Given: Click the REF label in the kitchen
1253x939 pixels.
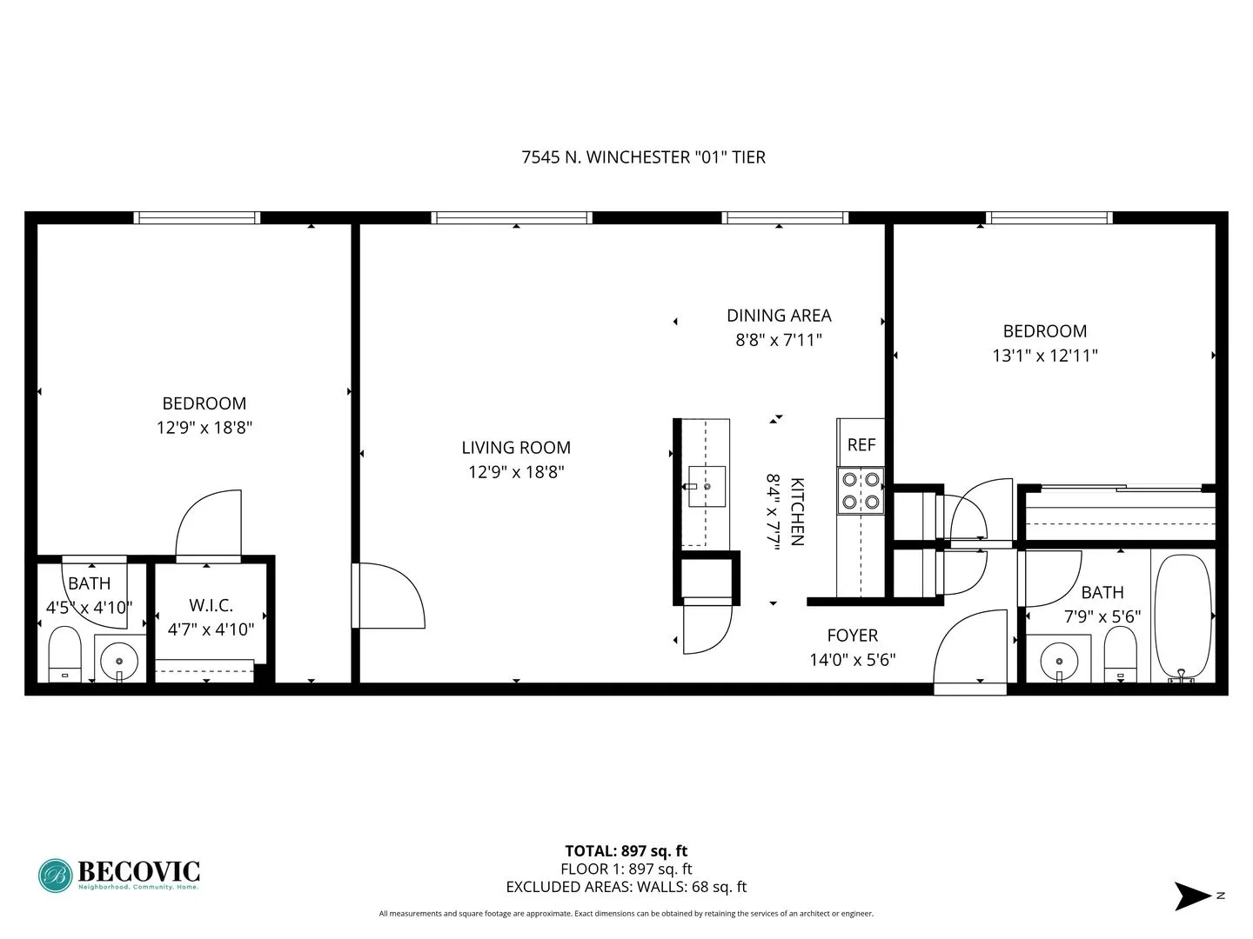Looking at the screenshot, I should [861, 444].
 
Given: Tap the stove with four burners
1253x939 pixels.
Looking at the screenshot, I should [861, 490].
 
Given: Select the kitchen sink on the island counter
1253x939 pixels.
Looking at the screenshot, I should [706, 486].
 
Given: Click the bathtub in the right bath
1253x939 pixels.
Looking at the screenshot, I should [1181, 616].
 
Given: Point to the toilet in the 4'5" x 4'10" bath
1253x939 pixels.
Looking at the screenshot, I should [64, 656].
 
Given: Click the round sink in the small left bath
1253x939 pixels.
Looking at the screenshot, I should [118, 662].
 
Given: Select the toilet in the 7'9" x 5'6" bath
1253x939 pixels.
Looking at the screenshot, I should [1120, 656].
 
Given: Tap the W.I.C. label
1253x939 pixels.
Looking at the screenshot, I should [211, 605].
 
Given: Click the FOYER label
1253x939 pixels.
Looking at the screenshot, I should [852, 636].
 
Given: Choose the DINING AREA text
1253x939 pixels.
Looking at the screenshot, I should [779, 316].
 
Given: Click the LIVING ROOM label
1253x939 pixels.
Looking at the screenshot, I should [516, 448].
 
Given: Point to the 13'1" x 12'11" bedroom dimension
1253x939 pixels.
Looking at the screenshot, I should [1044, 356].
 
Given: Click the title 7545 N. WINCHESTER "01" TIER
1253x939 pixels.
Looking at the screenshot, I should [643, 157].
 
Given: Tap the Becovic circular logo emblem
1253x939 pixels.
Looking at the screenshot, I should [55, 876].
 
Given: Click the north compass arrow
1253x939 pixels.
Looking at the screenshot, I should [1191, 896].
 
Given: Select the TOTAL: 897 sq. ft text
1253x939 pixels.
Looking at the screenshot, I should [626, 851].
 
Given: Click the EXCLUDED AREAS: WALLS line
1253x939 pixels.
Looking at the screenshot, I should [626, 887].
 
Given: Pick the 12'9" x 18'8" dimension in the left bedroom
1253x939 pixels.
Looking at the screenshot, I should [204, 428].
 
